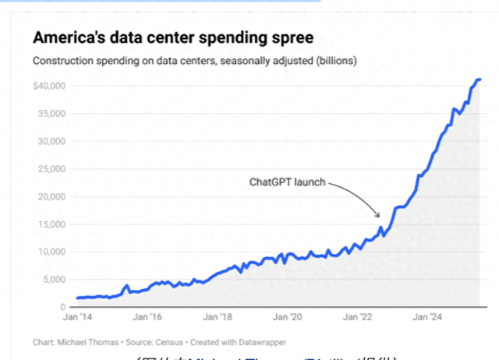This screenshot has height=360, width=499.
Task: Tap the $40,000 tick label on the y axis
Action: [49, 86]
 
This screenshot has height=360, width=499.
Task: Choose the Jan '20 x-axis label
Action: [288, 318]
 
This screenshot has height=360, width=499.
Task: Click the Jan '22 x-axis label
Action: [359, 318]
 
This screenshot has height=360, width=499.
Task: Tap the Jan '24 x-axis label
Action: [429, 318]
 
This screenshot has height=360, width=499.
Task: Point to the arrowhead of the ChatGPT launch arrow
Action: [379, 216]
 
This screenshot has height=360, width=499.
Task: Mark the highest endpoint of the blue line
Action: [480, 79]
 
